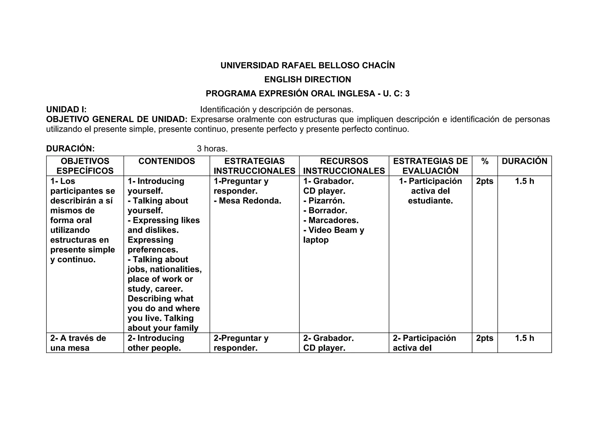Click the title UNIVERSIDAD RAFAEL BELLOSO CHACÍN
pyautogui.click(x=307, y=66)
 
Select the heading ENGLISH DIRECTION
pyautogui.click(x=307, y=80)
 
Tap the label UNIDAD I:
pyautogui.click(x=66, y=110)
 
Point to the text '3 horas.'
pyautogui.click(x=212, y=149)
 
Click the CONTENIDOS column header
pyautogui.click(x=166, y=161)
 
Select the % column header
pyautogui.click(x=485, y=161)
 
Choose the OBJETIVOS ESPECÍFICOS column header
pyautogui.click(x=85, y=166)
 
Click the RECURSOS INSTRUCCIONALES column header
pyautogui.click(x=344, y=166)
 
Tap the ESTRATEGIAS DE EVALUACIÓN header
pyautogui.click(x=430, y=166)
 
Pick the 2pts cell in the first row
pyautogui.click(x=485, y=181)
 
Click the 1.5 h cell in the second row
pyautogui.click(x=524, y=338)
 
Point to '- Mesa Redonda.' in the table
pyautogui.click(x=248, y=201)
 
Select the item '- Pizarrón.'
pyautogui.click(x=324, y=201)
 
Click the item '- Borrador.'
pyautogui.click(x=325, y=211)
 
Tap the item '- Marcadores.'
pyautogui.click(x=331, y=220)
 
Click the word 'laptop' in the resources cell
pyautogui.click(x=316, y=240)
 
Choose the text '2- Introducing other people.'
pyautogui.click(x=156, y=343)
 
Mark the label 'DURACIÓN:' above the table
pyautogui.click(x=70, y=149)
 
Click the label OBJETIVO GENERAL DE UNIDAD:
pyautogui.click(x=117, y=120)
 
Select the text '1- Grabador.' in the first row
pyautogui.click(x=328, y=181)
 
